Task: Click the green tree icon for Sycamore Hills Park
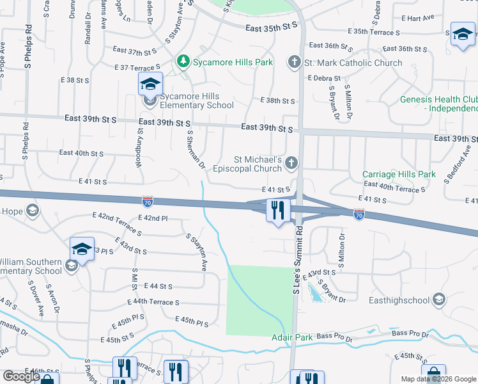(184, 62)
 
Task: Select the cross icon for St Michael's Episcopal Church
(291, 163)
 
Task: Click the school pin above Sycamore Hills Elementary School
(151, 84)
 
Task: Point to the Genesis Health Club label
(438, 104)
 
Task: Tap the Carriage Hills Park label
(399, 174)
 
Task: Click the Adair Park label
(291, 337)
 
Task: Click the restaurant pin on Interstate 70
(277, 209)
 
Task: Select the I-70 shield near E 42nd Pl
(148, 202)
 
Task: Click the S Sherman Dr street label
(194, 150)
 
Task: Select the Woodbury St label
(139, 147)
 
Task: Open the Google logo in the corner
(21, 376)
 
